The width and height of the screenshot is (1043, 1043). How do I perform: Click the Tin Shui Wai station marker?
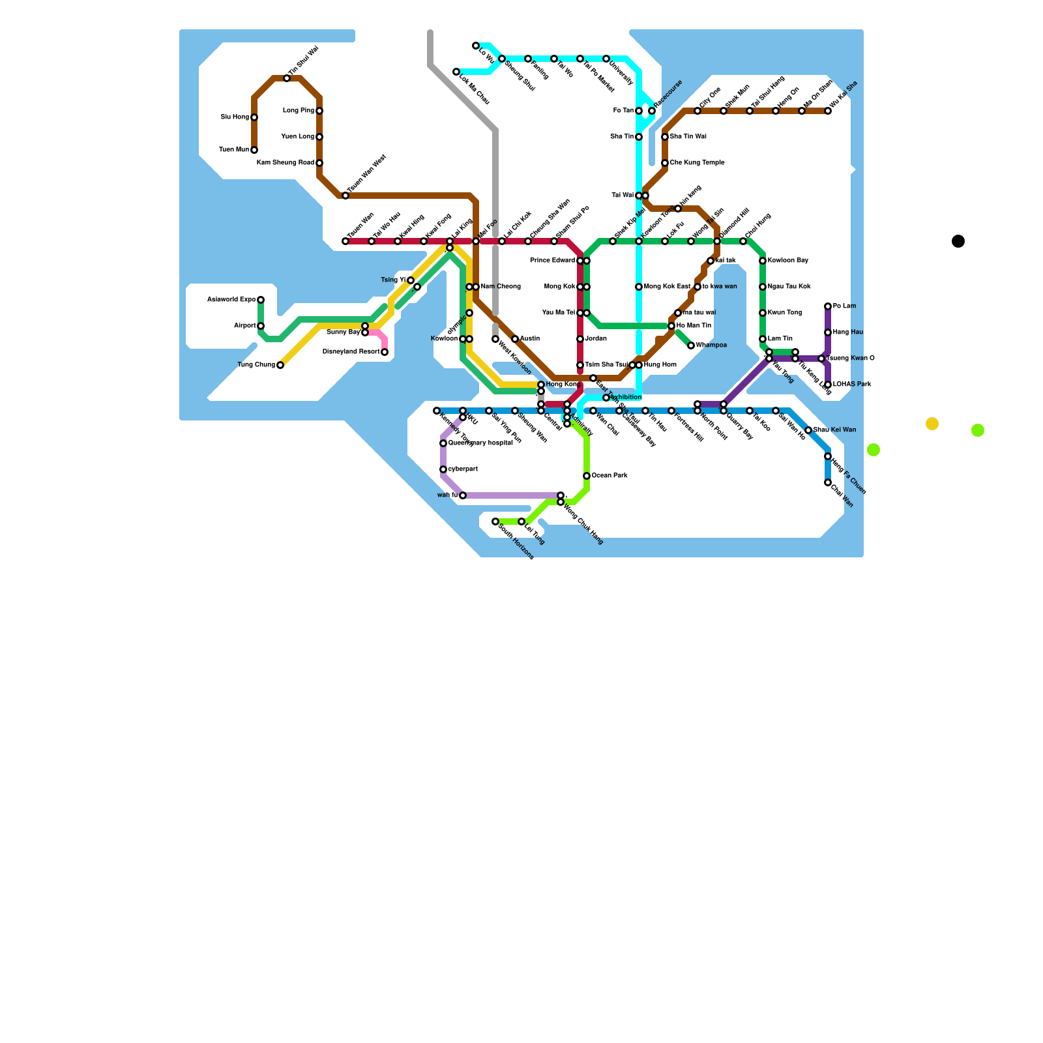coord(287,78)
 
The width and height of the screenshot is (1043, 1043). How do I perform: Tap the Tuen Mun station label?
coord(233,150)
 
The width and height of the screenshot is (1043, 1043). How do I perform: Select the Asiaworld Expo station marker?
coord(261,300)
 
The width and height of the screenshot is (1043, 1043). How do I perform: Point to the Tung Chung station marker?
coord(280,365)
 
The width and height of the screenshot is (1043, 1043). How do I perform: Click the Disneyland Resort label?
coord(351,352)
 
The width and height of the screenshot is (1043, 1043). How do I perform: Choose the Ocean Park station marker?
coord(587,476)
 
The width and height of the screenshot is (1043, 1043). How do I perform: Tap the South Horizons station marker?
coord(495,521)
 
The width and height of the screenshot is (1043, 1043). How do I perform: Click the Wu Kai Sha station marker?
coord(828,111)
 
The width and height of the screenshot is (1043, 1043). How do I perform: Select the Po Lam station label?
coord(844,306)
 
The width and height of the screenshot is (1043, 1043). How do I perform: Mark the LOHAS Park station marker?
coord(828,385)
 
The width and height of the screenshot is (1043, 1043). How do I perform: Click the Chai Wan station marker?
coord(828,482)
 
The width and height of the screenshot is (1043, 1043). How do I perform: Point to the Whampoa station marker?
coord(691,345)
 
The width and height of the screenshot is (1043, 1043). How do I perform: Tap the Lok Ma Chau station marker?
coord(456,72)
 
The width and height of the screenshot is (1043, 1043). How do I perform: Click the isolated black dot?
coord(958,241)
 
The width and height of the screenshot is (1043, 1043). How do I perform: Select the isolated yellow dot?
coord(932,424)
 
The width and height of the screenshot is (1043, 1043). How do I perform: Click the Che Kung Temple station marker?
coord(665,163)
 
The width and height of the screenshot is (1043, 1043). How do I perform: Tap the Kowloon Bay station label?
coord(787,261)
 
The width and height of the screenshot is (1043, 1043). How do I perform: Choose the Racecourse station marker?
coord(652,111)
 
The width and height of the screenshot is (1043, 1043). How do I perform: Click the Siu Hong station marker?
coord(254,117)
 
